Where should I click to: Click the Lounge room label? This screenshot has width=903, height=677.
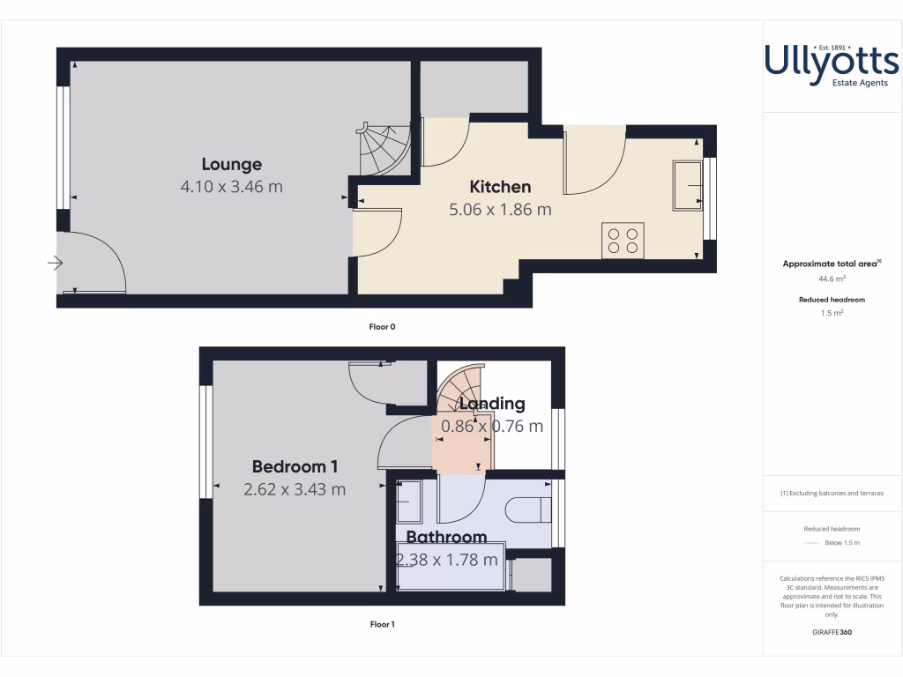tap(232, 164)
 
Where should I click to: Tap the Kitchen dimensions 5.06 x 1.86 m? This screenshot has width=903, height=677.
tap(500, 210)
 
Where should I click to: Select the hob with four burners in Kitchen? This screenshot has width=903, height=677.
tap(623, 240)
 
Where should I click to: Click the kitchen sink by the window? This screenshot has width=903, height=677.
tap(687, 185)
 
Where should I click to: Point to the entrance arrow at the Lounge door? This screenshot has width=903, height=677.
tap(56, 262)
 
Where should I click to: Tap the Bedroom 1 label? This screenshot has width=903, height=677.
tap(295, 467)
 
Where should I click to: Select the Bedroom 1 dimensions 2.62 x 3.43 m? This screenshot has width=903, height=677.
tap(295, 489)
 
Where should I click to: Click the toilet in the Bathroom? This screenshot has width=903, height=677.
tap(528, 510)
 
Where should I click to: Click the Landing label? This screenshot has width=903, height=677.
tap(492, 404)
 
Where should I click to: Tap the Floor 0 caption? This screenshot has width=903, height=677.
tap(382, 326)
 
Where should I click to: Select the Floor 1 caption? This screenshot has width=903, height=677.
tap(382, 624)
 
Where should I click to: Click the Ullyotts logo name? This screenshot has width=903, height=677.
tap(832, 62)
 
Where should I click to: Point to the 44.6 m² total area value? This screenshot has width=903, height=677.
tap(832, 279)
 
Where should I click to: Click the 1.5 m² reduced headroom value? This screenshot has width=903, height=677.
tap(832, 312)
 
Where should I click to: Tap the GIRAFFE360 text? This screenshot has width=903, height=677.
tap(832, 632)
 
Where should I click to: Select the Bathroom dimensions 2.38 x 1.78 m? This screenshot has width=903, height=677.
tap(447, 560)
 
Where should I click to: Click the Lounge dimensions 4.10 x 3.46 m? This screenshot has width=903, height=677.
tap(232, 187)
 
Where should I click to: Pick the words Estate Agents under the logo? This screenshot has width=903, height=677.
tap(860, 83)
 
